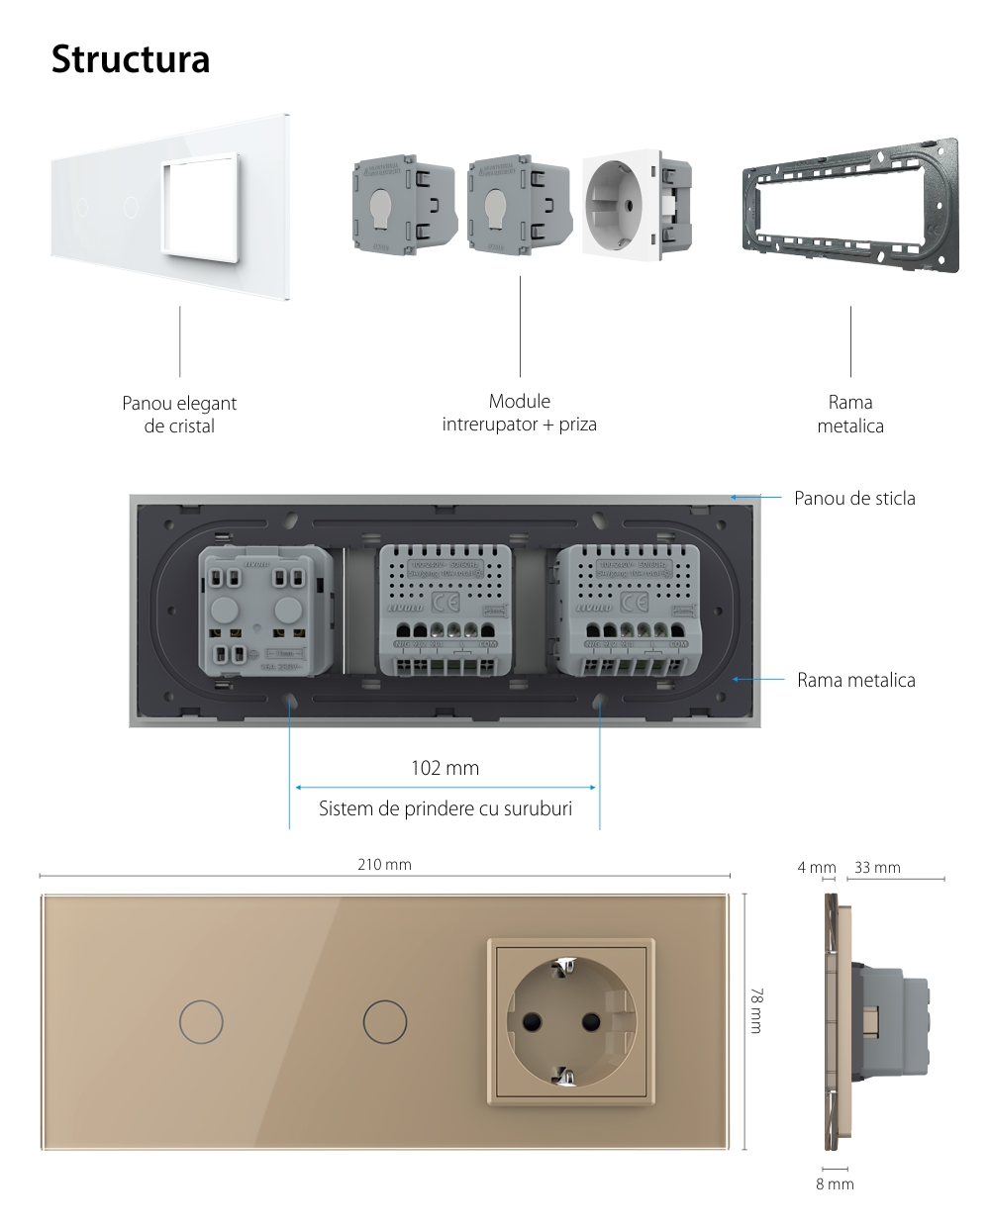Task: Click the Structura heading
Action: (x=131, y=59)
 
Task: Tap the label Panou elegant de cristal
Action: (x=179, y=415)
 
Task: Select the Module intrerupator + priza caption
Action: (x=520, y=413)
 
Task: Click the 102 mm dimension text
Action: (x=445, y=767)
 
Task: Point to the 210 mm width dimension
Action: (x=384, y=864)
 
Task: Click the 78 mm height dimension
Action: (x=756, y=1010)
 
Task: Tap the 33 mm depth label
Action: (x=877, y=868)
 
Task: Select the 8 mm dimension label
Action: (x=835, y=1183)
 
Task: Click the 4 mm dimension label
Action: (x=817, y=868)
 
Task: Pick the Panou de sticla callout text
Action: (x=854, y=498)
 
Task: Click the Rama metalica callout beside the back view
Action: (x=855, y=680)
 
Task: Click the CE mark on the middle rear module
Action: (x=445, y=602)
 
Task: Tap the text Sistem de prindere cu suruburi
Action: (x=445, y=808)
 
